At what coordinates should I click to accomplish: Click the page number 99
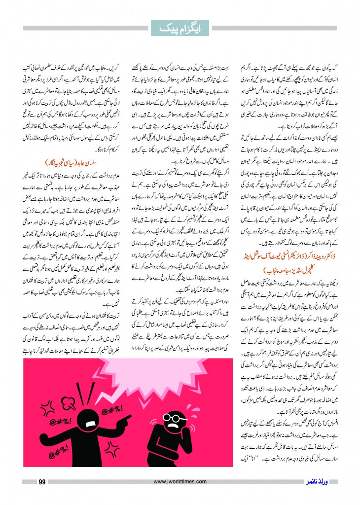pos(42,482)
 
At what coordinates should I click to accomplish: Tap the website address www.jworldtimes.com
pos(179,482)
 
